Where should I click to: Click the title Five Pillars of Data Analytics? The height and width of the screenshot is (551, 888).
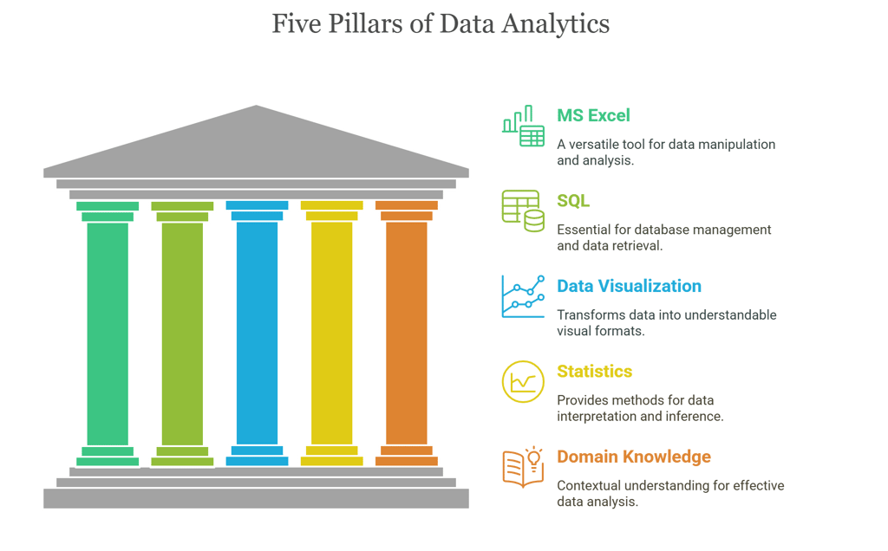point(441,24)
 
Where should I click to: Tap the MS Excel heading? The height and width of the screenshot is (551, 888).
point(593,115)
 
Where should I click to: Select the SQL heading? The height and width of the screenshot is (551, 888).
point(573,201)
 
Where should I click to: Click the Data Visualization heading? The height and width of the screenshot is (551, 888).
point(629,286)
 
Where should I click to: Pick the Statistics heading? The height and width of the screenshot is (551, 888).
point(594,372)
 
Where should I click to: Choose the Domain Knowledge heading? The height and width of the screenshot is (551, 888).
point(633,457)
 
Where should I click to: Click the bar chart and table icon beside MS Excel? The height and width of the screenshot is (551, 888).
point(523,127)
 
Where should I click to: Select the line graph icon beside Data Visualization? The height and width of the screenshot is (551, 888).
point(523,296)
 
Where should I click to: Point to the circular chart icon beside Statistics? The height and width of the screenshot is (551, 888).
point(523,381)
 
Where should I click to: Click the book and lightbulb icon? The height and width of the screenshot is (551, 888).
point(523,467)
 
